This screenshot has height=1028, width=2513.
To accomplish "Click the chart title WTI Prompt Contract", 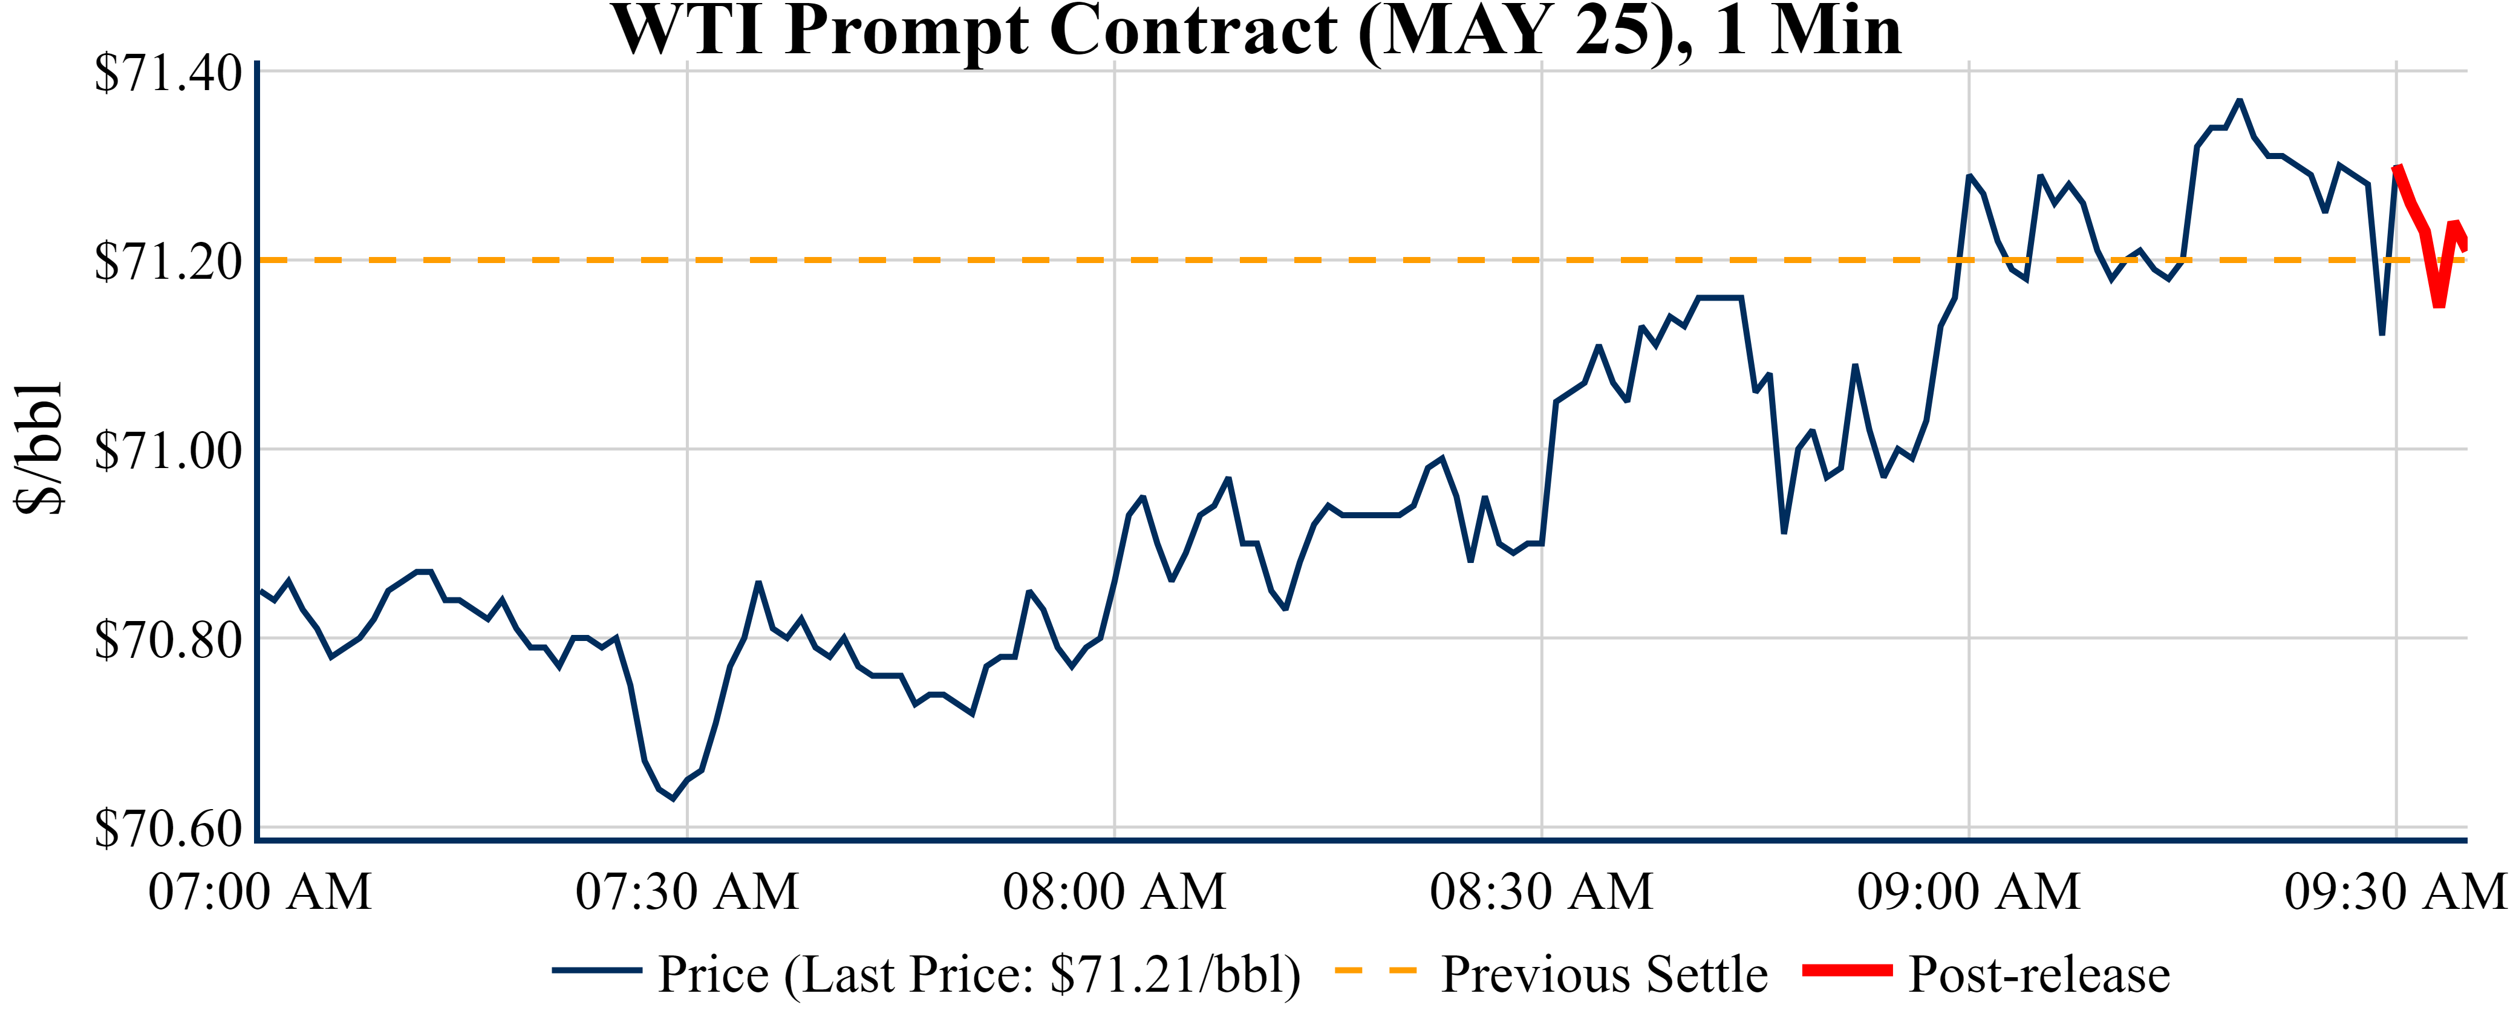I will tap(1257, 31).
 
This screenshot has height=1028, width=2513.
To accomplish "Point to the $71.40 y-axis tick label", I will tap(168, 73).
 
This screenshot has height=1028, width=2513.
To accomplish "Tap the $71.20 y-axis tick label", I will tap(168, 261).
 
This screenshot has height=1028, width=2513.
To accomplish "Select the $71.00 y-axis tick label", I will tap(168, 451).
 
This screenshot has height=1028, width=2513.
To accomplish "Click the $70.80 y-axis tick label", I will tap(168, 640).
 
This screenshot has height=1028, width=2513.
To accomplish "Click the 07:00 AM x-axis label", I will tap(259, 891).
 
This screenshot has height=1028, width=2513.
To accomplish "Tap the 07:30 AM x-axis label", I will tap(687, 891).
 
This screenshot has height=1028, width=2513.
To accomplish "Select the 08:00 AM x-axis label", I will tap(1114, 891).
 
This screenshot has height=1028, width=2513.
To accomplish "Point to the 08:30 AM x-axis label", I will tap(1541, 891).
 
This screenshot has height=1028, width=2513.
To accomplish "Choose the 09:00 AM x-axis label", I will tap(1969, 891).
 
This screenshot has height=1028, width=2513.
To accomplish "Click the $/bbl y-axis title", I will tap(39, 449).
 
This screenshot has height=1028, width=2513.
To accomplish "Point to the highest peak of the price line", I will tap(2240, 100).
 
